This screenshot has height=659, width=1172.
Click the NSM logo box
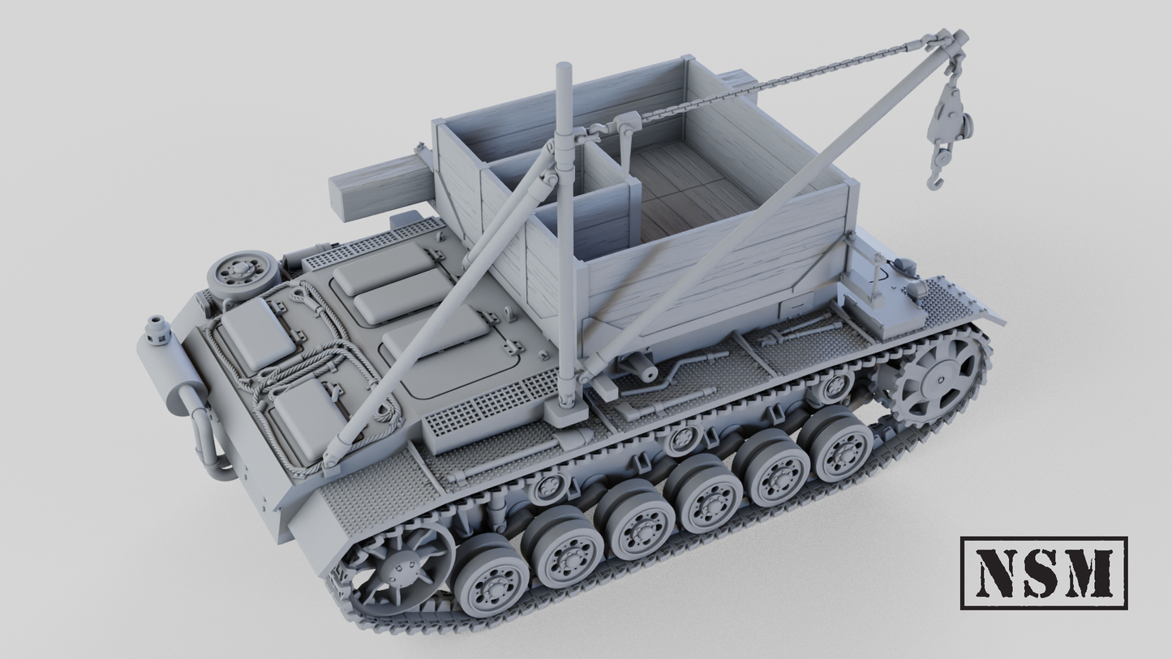pyautogui.click(x=1044, y=572)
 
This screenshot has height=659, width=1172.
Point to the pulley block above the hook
pyautogui.click(x=947, y=113)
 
